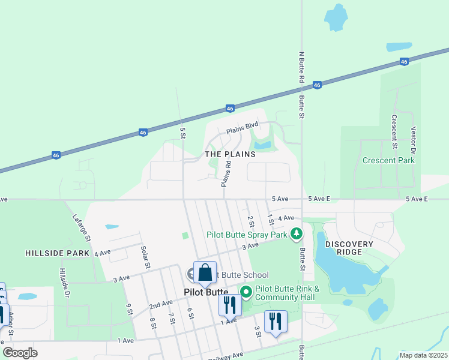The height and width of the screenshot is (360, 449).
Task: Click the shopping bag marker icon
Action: coord(205,272)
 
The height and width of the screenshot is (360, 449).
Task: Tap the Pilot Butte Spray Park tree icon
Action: coord(295,233)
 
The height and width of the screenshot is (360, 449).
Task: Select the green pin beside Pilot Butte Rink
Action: coord(246,292)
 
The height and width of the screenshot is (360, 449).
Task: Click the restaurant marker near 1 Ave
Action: coord(229,305)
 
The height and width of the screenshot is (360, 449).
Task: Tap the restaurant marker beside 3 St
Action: coord(276,321)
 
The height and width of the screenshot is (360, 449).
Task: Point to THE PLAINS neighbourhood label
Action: coord(230,154)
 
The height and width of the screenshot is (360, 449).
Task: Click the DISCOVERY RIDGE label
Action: coord(349,248)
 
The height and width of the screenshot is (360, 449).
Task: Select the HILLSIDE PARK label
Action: coord(57,253)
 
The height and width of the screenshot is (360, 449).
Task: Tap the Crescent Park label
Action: coord(388,160)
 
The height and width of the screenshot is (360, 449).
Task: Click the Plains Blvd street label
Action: coord(242,128)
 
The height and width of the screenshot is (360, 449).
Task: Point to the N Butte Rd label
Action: coord(302,67)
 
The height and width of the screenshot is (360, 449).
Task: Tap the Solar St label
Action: coord(145,257)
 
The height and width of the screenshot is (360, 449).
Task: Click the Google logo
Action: coord(20,353)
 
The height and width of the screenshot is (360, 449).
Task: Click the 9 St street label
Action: coord(128,310)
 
